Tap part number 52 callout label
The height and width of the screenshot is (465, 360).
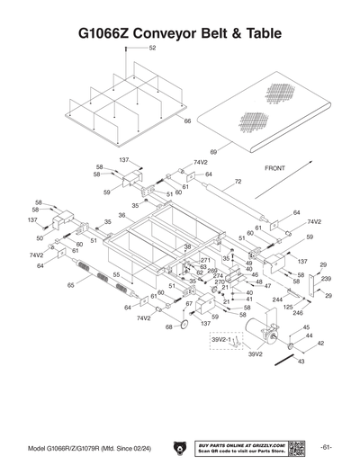coord(152,48)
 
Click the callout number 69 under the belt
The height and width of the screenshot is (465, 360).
coord(213,152)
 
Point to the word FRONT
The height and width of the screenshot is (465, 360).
coord(274,168)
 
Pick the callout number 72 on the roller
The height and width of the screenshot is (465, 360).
coord(238,181)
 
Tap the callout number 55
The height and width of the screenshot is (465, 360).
coord(115,273)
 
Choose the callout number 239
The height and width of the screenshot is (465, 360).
coord(327,278)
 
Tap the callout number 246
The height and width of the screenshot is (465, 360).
coord(299,313)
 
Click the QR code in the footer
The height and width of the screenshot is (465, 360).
coord(299,447)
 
